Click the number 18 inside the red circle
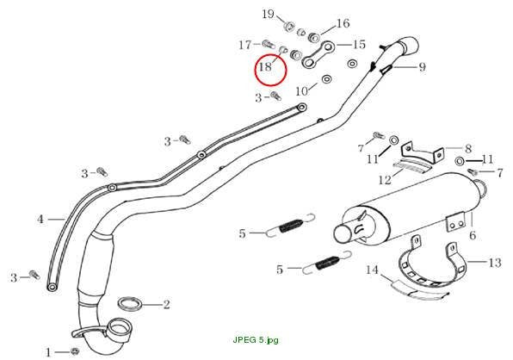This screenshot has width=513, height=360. [x=265, y=67]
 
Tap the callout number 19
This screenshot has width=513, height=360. [x=268, y=14]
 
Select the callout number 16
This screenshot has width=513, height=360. [x=343, y=23]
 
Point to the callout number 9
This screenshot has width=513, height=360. [x=423, y=67]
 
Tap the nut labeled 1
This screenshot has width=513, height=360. [x=74, y=351]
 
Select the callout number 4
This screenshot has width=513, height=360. [x=40, y=219]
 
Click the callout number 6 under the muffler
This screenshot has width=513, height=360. [x=473, y=235]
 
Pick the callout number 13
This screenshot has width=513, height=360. [x=495, y=263]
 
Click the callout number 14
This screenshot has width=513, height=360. [x=372, y=270]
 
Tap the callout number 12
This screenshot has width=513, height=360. [x=385, y=180]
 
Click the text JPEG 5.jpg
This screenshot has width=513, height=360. [x=256, y=340]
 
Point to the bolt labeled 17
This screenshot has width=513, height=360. [x=268, y=42]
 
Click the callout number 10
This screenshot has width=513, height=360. [x=301, y=91]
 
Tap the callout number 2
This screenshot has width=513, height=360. [x=166, y=305]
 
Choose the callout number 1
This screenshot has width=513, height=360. [x=48, y=352]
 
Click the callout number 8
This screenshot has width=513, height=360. [x=468, y=149]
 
